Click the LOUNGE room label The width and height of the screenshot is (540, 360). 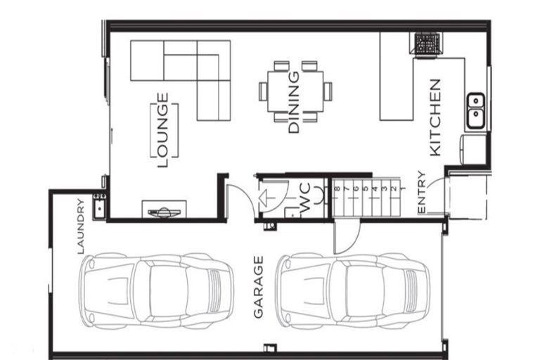[x=163, y=131]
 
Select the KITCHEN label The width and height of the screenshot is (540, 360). [x=435, y=117]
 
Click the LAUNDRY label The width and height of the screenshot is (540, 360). [x=81, y=226]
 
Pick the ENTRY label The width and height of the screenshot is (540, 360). [x=421, y=193]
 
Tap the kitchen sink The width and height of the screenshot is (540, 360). [x=475, y=109]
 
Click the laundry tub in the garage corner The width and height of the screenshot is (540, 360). [x=99, y=205]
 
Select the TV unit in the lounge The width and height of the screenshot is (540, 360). [x=165, y=210]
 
